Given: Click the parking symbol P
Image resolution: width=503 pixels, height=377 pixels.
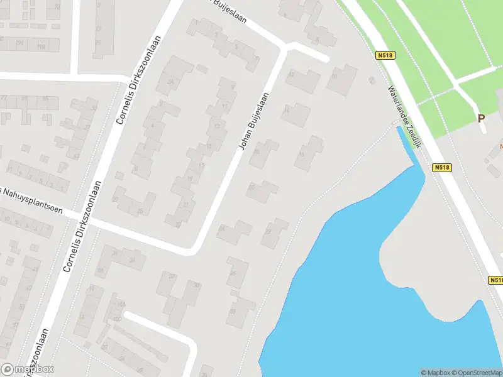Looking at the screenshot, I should click(x=481, y=117).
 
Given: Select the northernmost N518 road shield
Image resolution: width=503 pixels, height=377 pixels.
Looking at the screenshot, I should click(x=385, y=56).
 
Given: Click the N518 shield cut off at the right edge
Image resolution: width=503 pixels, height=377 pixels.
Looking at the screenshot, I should click(x=496, y=280).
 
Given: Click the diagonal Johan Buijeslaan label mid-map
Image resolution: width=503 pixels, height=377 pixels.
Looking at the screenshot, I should click(x=253, y=121).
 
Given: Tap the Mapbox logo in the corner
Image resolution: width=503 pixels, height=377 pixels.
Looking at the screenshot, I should click(x=28, y=369).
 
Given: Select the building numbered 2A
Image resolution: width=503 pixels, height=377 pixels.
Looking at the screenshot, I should click(x=170, y=82).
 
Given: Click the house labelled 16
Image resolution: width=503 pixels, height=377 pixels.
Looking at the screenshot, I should click(x=302, y=153).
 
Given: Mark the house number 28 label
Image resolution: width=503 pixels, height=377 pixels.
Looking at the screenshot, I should click(x=233, y=310).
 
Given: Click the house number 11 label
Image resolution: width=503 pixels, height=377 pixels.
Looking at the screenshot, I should click(x=225, y=107).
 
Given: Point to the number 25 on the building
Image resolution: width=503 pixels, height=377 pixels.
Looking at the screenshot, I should click(x=140, y=210).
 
